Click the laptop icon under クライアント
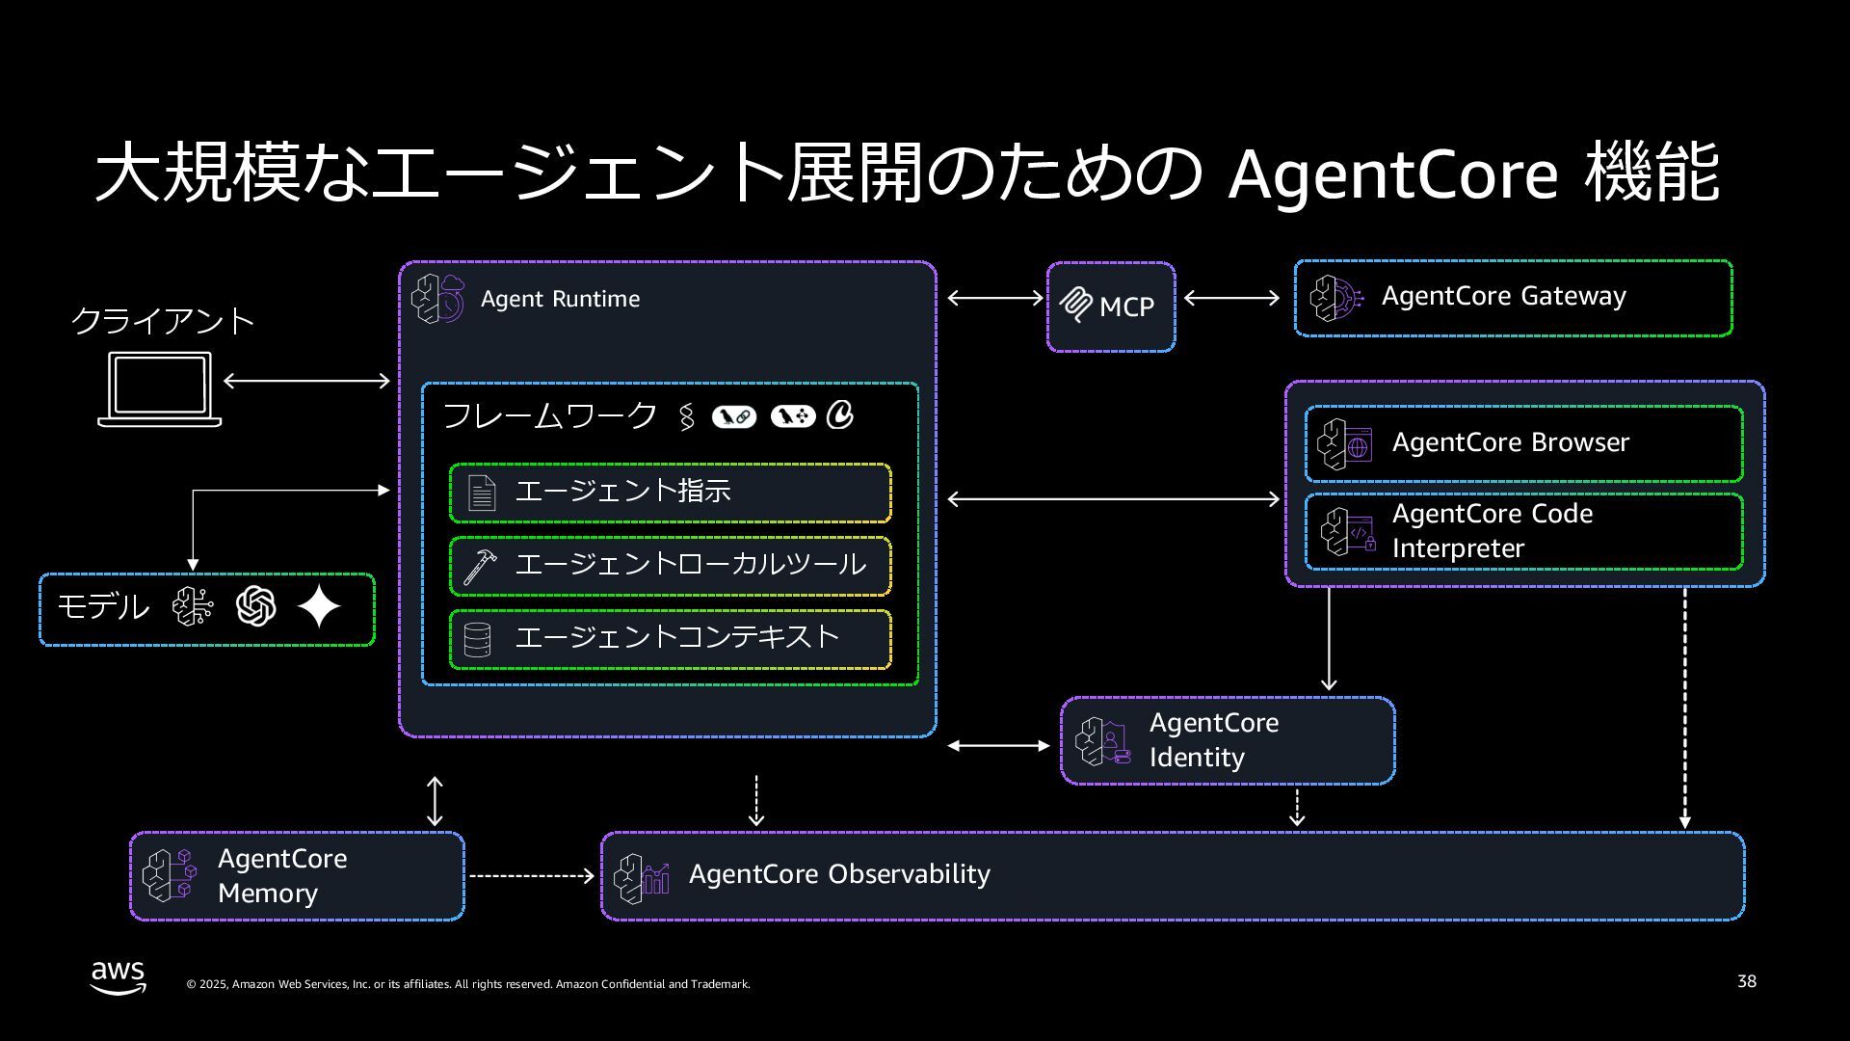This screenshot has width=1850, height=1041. [160, 388]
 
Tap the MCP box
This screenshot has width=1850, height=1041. [1111, 307]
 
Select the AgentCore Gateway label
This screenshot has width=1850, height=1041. [1503, 296]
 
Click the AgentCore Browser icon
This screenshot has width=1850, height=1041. [1345, 444]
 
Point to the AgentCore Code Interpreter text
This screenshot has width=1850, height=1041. [1492, 531]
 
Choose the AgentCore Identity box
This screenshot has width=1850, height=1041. [1228, 740]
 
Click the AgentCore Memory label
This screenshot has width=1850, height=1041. [281, 875]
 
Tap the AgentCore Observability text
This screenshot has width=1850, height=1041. [839, 874]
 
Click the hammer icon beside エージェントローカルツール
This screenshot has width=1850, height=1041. [480, 566]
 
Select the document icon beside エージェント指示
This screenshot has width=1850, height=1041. [481, 493]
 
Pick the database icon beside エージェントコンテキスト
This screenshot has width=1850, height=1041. [478, 639]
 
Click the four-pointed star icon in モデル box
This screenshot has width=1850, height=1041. [319, 607]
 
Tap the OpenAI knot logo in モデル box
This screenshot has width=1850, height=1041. [255, 606]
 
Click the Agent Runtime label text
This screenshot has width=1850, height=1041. [560, 299]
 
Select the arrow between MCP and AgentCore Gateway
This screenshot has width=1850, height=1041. [1231, 298]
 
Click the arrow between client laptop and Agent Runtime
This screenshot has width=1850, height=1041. [306, 381]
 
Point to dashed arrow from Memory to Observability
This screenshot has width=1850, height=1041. [531, 875]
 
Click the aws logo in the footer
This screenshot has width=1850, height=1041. [119, 976]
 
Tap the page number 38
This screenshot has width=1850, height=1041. [1746, 981]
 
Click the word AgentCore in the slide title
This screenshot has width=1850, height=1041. [1392, 173]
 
